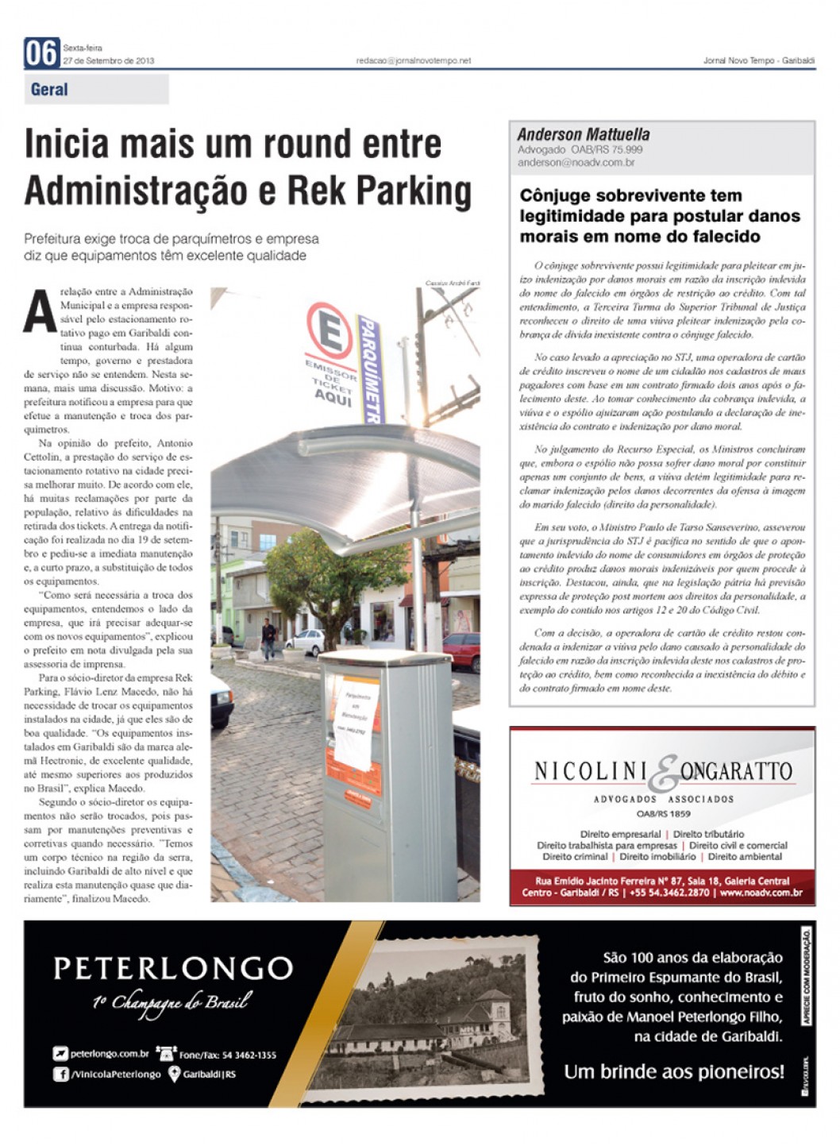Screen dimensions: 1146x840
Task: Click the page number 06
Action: (41, 53)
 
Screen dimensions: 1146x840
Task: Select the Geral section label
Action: (49, 90)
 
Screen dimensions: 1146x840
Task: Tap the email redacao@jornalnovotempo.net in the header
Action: (413, 60)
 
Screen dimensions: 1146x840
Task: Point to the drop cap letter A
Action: (40, 311)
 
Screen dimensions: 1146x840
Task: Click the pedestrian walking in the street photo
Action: (268, 639)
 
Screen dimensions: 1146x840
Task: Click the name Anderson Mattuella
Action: (584, 135)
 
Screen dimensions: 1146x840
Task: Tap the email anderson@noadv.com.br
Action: (576, 163)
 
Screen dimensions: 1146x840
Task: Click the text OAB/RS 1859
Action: (663, 814)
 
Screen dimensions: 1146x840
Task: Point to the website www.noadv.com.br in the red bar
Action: (761, 893)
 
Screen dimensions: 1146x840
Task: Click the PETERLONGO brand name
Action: (173, 968)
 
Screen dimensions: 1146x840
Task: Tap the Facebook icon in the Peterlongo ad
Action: (60, 1075)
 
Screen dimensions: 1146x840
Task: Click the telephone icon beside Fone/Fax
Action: (166, 1054)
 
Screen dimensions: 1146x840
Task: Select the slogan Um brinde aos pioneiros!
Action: (673, 1071)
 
